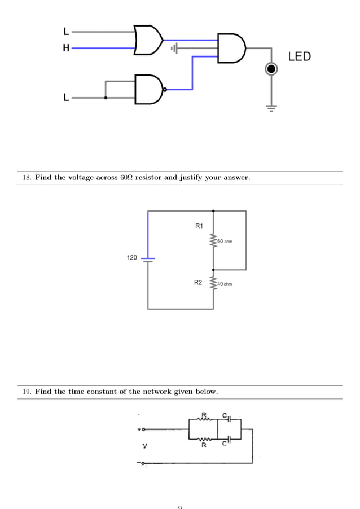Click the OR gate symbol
pos(148,40)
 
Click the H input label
pos(66,49)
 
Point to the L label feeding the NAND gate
pos(66,98)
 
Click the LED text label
pos(299,56)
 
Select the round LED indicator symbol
pos(271,69)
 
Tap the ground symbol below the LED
pos(271,108)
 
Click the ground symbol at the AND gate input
pos(174,49)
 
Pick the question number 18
pos(26,178)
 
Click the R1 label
pos(199,226)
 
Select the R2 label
pos(198,282)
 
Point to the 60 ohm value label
pos(225,242)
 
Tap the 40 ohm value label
pos(224,284)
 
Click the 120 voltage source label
pos(131,257)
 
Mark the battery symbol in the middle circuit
pos(148,259)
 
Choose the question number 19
pos(26,392)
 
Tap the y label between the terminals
pos(145,446)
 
